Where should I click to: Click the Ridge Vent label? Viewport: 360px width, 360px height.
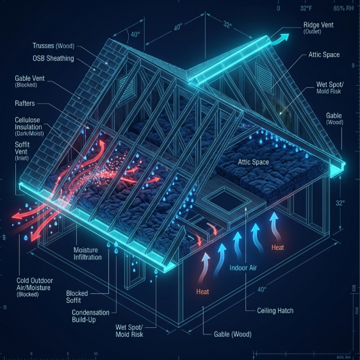318,28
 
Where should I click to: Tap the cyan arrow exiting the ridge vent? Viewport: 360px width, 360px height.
280,39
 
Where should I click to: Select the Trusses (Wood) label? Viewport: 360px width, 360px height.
54,45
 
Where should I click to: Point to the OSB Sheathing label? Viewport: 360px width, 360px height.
53,58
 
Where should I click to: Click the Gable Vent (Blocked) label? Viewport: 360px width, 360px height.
29,81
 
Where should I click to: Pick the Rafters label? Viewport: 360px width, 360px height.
25,103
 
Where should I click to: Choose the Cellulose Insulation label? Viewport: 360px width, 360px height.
29,126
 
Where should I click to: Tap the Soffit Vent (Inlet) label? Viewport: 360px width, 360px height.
22,151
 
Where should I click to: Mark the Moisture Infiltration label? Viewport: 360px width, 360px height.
88,254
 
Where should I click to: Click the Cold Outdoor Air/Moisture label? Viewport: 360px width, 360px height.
35,288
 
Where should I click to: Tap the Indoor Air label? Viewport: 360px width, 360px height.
243,268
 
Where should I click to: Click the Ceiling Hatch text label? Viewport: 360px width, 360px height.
275,311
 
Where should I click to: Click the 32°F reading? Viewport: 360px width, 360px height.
306,8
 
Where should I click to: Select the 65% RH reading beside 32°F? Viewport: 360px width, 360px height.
343,8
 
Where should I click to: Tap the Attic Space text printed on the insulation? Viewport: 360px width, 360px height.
253,162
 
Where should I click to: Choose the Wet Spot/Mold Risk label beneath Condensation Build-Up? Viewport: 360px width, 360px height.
129,331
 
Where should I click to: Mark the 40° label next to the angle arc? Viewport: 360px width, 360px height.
135,35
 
